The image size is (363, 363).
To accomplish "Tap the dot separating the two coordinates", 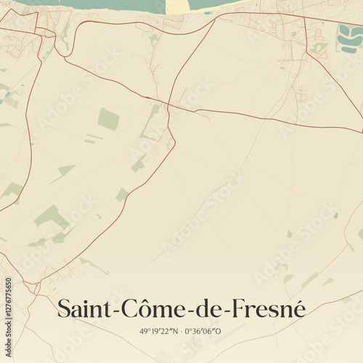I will pyautogui.click(x=181, y=331).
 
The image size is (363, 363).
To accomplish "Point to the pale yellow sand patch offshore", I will pyautogui.click(x=178, y=6).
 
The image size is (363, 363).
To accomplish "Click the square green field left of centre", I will pyautogui.click(x=108, y=119).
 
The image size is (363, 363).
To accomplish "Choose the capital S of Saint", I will pyautogui.click(x=64, y=308).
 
